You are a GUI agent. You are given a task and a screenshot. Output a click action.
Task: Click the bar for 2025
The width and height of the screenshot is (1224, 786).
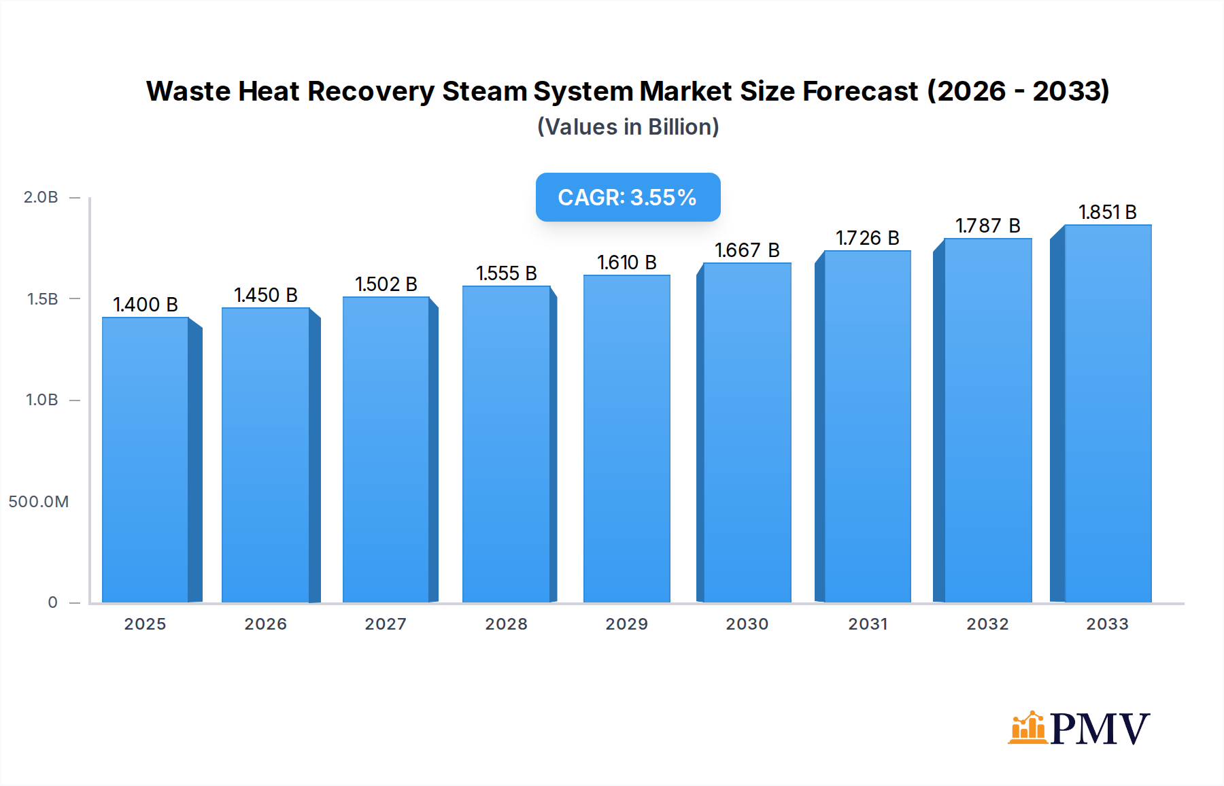point(146,460)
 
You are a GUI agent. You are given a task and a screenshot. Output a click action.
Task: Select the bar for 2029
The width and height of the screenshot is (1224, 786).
point(626,439)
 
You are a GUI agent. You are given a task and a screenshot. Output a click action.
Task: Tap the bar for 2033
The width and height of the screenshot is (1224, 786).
point(1108,413)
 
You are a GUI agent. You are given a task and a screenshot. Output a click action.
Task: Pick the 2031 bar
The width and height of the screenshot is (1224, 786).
point(867,426)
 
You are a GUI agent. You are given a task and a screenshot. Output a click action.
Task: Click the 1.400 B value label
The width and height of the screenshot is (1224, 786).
point(146,305)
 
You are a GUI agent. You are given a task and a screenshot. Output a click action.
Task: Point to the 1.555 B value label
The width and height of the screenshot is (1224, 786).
point(507,273)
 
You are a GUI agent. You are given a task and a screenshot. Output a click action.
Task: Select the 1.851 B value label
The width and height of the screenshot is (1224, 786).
point(1108,212)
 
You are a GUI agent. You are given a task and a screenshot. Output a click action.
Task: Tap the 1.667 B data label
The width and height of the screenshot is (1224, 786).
point(747,250)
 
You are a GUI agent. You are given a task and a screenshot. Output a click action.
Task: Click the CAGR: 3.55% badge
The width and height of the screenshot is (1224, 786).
point(628,197)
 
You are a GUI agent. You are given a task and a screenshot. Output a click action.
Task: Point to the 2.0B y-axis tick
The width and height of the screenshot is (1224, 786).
point(41,197)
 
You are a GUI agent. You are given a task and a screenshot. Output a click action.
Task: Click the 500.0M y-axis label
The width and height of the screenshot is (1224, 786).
point(39,502)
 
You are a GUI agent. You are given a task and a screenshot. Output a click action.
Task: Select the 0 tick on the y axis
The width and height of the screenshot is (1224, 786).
point(52,602)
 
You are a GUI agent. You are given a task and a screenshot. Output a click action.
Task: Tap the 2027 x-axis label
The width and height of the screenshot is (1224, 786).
point(386,624)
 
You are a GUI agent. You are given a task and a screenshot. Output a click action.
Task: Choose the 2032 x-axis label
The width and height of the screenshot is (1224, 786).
point(987,624)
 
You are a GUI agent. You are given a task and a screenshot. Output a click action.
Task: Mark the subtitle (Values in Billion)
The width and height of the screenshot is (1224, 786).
point(628,127)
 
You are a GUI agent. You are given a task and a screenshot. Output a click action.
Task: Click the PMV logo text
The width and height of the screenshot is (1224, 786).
point(1100,729)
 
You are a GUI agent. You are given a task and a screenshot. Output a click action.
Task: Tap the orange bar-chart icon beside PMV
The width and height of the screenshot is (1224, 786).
point(1027,728)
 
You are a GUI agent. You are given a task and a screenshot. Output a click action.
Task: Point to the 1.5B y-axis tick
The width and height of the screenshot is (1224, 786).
point(42,299)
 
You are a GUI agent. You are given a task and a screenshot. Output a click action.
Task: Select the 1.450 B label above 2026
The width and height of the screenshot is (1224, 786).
point(266,295)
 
